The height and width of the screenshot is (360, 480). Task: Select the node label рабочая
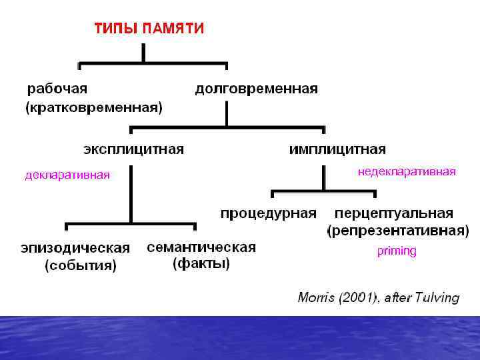[57, 88]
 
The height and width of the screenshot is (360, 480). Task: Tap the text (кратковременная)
[94, 107]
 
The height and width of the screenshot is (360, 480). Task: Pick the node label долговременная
[256, 88]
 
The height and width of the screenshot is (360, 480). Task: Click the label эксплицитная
[133, 148]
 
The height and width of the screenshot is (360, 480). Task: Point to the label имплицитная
[337, 149]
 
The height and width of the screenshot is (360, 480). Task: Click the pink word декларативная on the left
[67, 175]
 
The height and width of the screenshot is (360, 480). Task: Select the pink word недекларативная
[407, 172]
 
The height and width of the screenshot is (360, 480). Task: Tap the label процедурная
[268, 213]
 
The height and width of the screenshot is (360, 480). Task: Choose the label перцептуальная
[394, 213]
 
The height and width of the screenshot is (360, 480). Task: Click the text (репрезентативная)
[397, 231]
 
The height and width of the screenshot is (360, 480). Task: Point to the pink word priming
[397, 251]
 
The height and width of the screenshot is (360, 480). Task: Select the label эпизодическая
[75, 248]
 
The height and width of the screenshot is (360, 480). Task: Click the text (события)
[80, 266]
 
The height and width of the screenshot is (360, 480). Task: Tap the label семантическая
[201, 247]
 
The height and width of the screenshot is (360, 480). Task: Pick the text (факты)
[201, 264]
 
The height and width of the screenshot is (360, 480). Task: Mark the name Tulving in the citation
[437, 297]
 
